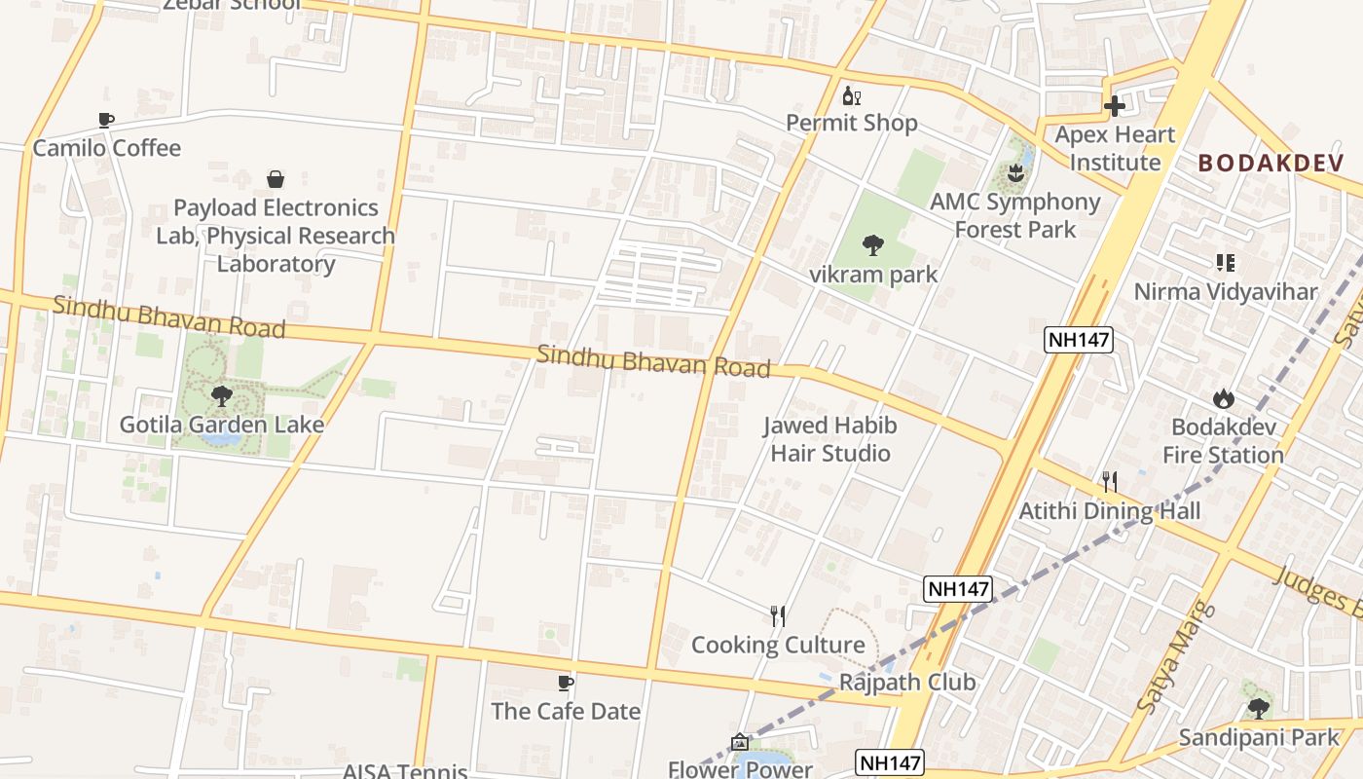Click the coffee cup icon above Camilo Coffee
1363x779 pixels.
tap(106, 120)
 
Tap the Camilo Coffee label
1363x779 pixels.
tap(107, 148)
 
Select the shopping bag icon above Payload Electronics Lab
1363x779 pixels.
tap(276, 179)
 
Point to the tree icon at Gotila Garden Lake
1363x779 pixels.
tap(222, 396)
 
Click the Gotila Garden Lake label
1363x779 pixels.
tap(222, 425)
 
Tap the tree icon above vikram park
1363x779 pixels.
tap(873, 245)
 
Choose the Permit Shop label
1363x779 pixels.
tap(852, 123)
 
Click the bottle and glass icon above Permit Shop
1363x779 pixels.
tap(852, 95)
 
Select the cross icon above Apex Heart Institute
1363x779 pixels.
tap(1115, 106)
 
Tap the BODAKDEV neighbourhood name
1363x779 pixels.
tap(1271, 163)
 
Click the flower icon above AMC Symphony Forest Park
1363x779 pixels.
tap(1016, 174)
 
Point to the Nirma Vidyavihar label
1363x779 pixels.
tap(1225, 291)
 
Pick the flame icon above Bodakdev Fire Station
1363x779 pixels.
tap(1224, 398)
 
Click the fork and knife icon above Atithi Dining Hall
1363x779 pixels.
tap(1109, 481)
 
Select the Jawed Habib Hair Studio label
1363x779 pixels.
tap(830, 439)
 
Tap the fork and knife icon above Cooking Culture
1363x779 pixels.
tap(778, 616)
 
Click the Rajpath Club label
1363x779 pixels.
tap(907, 682)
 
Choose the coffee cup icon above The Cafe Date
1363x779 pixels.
tap(566, 683)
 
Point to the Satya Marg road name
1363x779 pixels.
tap(1176, 657)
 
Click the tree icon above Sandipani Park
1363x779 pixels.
tap(1258, 708)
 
